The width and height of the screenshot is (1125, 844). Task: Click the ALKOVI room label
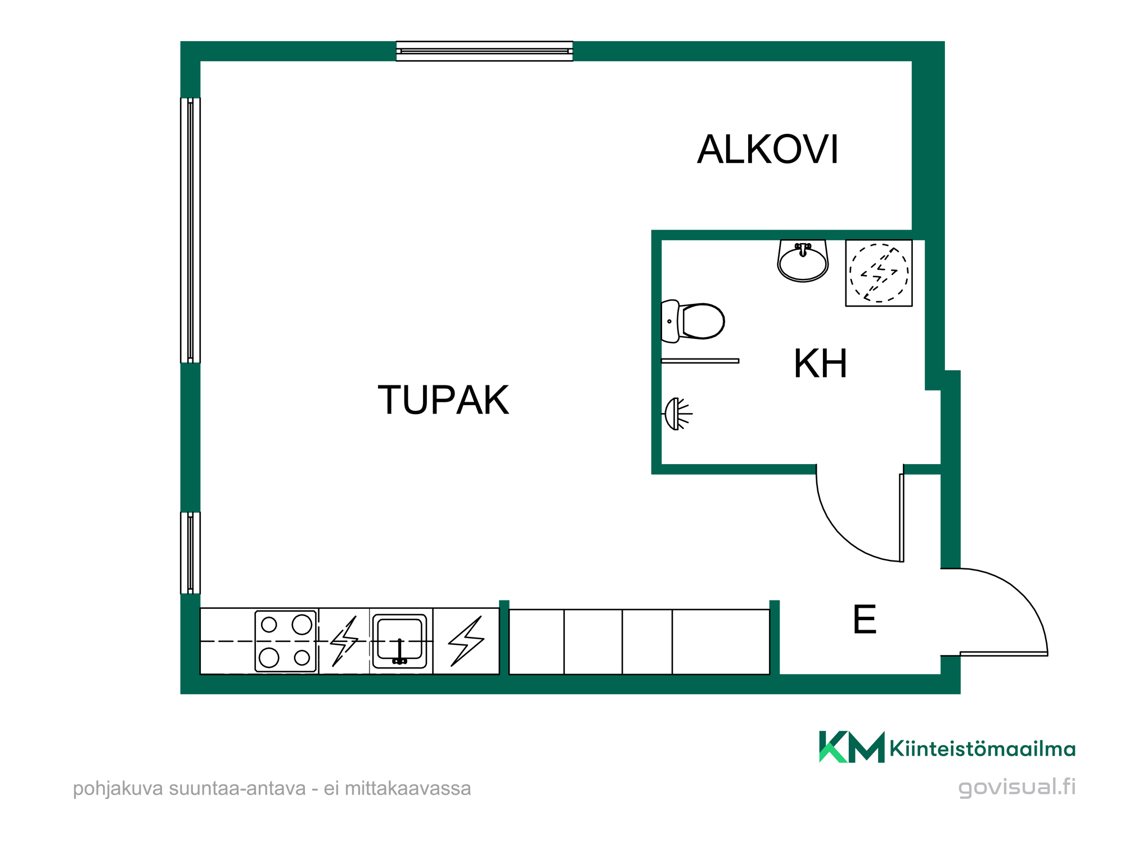pyautogui.click(x=767, y=150)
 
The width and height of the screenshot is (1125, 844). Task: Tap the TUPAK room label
pyautogui.click(x=443, y=400)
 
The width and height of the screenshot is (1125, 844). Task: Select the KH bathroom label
pyautogui.click(x=820, y=363)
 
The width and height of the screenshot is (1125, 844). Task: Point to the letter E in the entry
pyautogui.click(x=865, y=619)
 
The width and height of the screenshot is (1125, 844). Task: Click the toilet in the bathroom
pyautogui.click(x=693, y=321)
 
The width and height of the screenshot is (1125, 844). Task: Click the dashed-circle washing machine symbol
pyautogui.click(x=879, y=273)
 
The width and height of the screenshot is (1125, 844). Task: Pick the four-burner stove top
pyautogui.click(x=286, y=641)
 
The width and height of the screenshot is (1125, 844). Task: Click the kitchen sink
pyautogui.click(x=399, y=641)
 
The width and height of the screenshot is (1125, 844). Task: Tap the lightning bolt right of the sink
pyautogui.click(x=466, y=641)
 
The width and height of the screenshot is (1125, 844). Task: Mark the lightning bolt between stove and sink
pyautogui.click(x=344, y=641)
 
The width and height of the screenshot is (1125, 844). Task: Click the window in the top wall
pyautogui.click(x=484, y=51)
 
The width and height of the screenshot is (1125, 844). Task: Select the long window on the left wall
pyautogui.click(x=190, y=230)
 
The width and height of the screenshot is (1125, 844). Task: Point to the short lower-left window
pyautogui.click(x=190, y=553)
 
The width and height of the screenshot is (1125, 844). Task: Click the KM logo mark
pyautogui.click(x=851, y=747)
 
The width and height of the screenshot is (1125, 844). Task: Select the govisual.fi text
pyautogui.click(x=1016, y=787)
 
